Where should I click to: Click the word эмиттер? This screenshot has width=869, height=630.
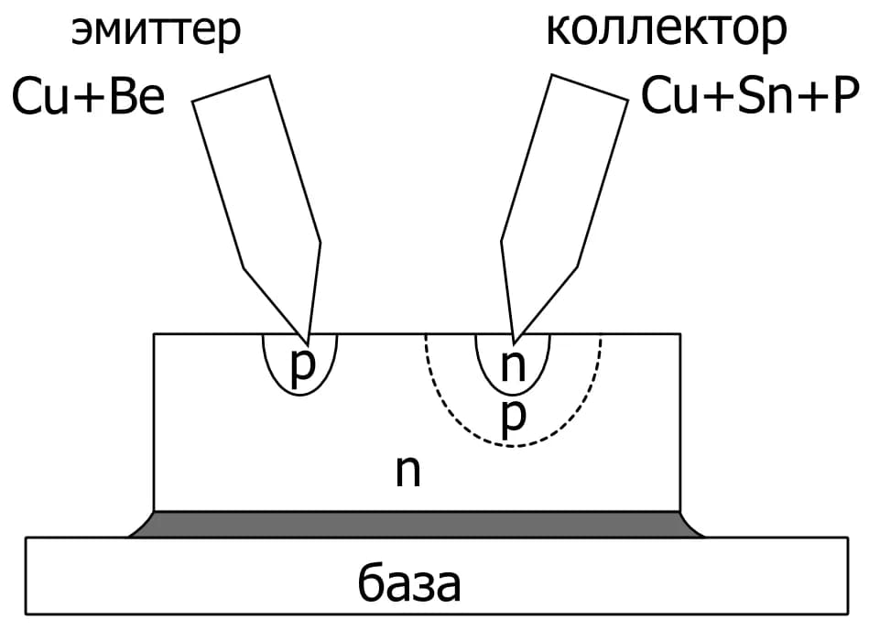coord(156,31)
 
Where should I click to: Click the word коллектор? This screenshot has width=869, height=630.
coord(666,29)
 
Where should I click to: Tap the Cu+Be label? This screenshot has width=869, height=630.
coord(88,96)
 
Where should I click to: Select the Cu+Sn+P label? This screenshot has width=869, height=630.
coord(750,96)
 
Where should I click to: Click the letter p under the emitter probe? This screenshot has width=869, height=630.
coord(302,368)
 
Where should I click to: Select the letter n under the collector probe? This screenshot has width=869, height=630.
coord(513,365)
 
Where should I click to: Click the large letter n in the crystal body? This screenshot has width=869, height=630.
coord(407,471)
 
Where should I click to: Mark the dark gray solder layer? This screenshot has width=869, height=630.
coord(417,524)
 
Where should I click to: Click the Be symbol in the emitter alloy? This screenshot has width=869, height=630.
coord(137,96)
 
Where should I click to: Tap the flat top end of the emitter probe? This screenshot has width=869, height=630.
coord(231,89)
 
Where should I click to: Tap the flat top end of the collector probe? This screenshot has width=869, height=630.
coord(590,88)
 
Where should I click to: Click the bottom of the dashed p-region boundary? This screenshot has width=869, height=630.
coord(513,446)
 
